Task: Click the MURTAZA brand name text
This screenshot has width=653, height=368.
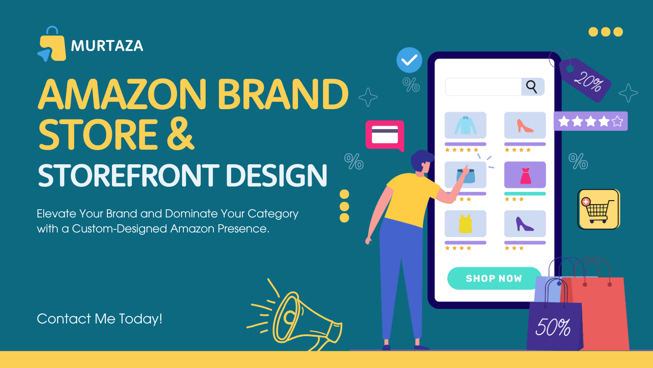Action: [107, 46]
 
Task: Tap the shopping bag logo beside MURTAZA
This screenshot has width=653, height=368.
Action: [51, 44]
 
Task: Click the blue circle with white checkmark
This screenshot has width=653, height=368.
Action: [409, 60]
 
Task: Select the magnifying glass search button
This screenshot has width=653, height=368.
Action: [532, 86]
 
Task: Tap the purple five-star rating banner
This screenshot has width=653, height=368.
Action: [591, 121]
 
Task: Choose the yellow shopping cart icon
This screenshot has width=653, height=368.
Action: [599, 209]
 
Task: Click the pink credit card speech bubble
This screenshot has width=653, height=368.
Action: [385, 136]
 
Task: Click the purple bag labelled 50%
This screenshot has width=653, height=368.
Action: [555, 326]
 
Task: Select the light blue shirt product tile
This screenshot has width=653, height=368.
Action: [465, 125]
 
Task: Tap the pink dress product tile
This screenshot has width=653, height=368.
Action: [525, 175]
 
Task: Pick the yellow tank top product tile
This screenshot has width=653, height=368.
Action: [465, 223]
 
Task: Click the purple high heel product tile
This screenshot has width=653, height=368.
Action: [525, 223]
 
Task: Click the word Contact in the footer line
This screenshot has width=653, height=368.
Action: [64, 319]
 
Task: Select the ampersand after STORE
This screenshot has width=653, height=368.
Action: [181, 134]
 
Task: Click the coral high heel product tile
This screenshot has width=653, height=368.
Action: [525, 125]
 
